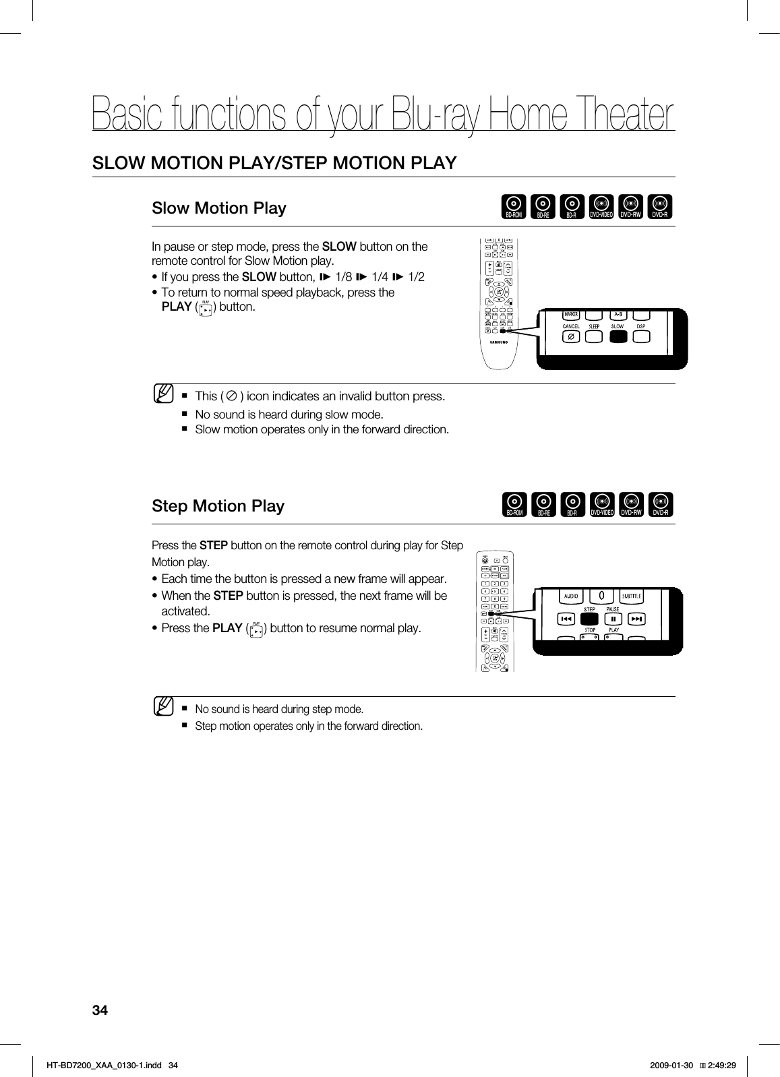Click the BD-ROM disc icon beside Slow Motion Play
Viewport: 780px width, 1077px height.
tap(514, 207)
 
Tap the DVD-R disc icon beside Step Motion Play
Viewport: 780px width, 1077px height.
tap(661, 505)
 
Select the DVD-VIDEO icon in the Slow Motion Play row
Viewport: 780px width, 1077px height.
tap(601, 207)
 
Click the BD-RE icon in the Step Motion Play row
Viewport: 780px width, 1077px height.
tap(543, 505)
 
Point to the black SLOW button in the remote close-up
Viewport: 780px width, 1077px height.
tap(618, 336)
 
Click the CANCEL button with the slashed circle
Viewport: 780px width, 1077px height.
tap(571, 336)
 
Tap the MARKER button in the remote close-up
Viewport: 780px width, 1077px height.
tap(571, 314)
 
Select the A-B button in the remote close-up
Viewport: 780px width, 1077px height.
tap(618, 314)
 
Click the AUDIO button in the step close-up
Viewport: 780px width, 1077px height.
tap(570, 596)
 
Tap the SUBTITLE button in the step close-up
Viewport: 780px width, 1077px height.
tap(632, 596)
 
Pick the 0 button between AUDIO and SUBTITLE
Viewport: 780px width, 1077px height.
tap(601, 596)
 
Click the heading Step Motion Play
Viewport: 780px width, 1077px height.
tap(218, 505)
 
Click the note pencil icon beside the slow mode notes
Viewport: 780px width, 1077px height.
tap(162, 392)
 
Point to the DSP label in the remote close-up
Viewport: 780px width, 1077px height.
tap(641, 326)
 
